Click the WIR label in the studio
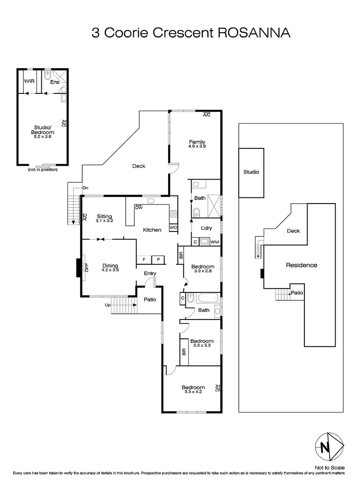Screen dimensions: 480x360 click(x=29, y=81)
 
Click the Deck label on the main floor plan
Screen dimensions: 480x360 click(x=139, y=166)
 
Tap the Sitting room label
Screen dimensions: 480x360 click(x=105, y=218)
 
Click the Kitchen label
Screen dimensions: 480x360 click(x=152, y=230)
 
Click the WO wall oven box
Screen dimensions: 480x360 click(x=173, y=228)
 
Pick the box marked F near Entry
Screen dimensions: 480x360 click(x=144, y=259)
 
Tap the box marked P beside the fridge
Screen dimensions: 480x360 click(x=158, y=259)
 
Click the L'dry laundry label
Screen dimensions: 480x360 click(x=207, y=228)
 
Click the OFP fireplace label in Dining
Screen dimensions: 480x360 click(x=87, y=268)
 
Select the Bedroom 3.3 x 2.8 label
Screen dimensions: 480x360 click(x=203, y=268)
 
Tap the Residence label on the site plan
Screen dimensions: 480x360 click(x=301, y=265)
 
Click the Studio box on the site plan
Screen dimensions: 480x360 click(x=251, y=172)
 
